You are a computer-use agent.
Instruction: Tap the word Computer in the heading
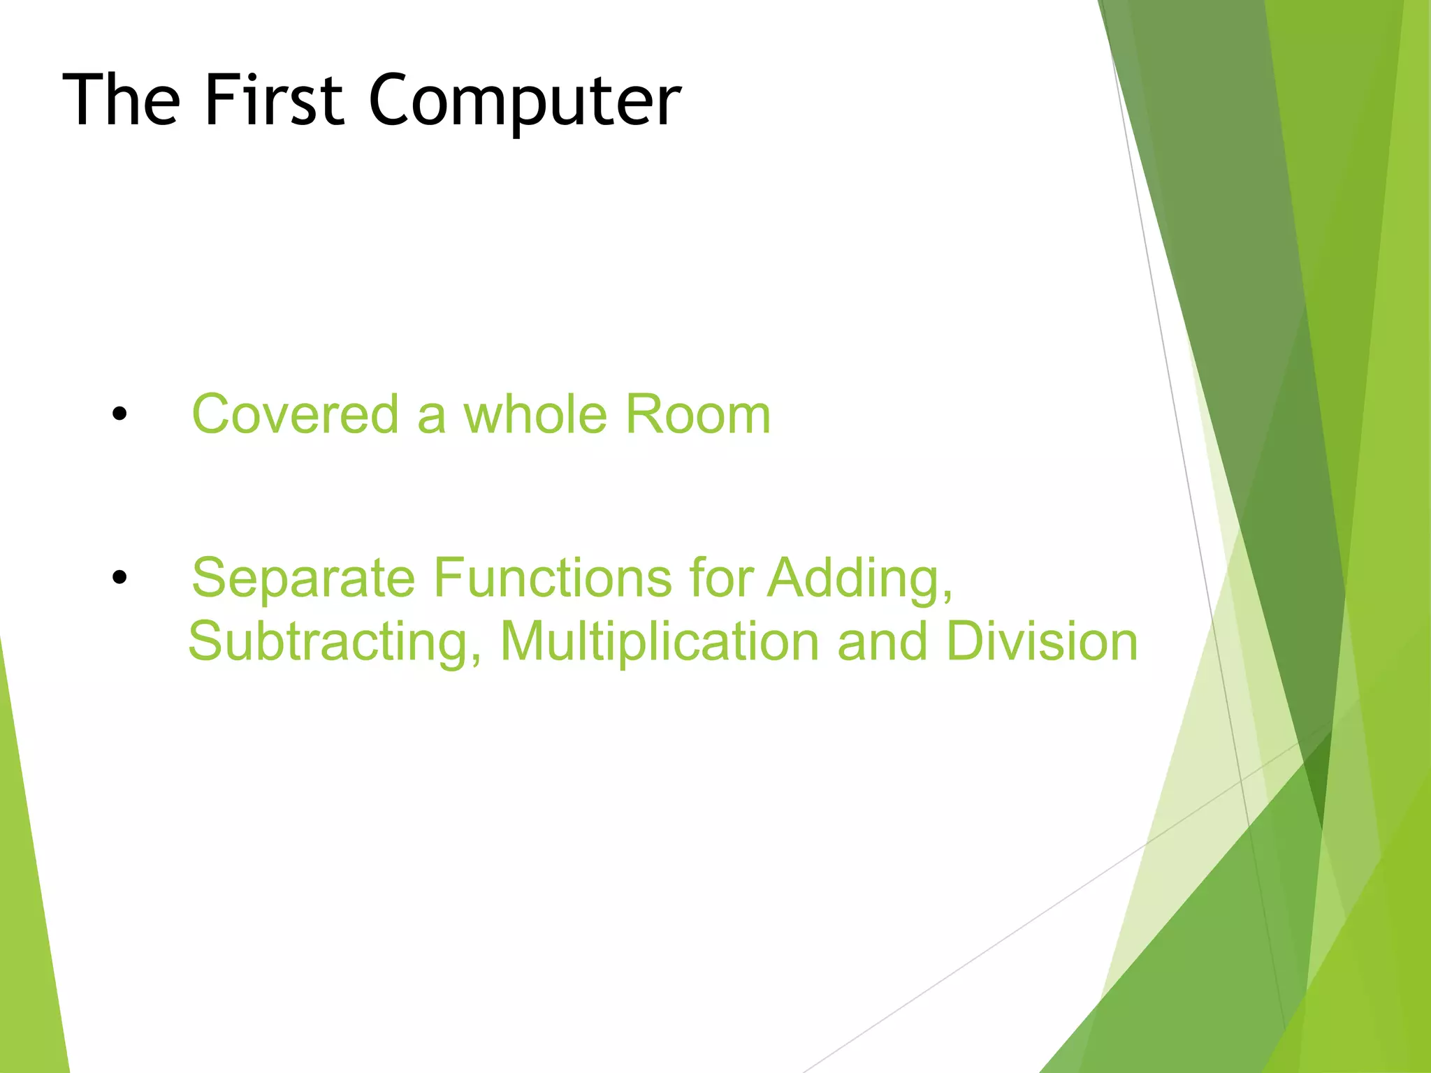pos(524,102)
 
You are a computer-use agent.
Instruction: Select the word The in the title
pos(122,101)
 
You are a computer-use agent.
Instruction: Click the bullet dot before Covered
pos(119,414)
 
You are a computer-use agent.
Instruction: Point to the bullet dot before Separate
pos(119,578)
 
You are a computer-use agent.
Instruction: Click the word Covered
pos(295,414)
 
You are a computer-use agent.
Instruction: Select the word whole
pos(535,414)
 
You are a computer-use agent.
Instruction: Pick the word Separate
pos(303,579)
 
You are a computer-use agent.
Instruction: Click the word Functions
pos(552,578)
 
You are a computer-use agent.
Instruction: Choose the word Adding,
pos(860,579)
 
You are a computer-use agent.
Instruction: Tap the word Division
pos(1042,642)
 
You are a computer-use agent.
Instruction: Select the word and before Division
pos(882,642)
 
